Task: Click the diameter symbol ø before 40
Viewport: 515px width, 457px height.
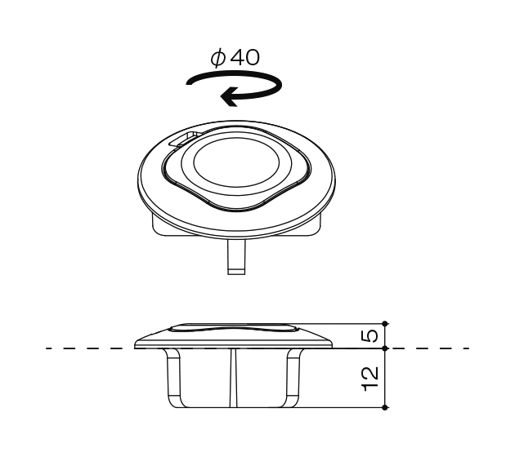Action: tap(218, 58)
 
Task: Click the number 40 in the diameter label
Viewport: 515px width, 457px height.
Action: tap(244, 58)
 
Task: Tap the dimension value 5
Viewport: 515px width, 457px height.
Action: tap(369, 336)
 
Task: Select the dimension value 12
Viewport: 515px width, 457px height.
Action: tap(369, 379)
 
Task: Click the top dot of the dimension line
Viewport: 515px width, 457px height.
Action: tap(385, 323)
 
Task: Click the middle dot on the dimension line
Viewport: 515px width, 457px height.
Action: tap(385, 348)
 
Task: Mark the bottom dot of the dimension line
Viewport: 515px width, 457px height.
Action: tap(385, 407)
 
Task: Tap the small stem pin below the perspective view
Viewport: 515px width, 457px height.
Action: tap(236, 257)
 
